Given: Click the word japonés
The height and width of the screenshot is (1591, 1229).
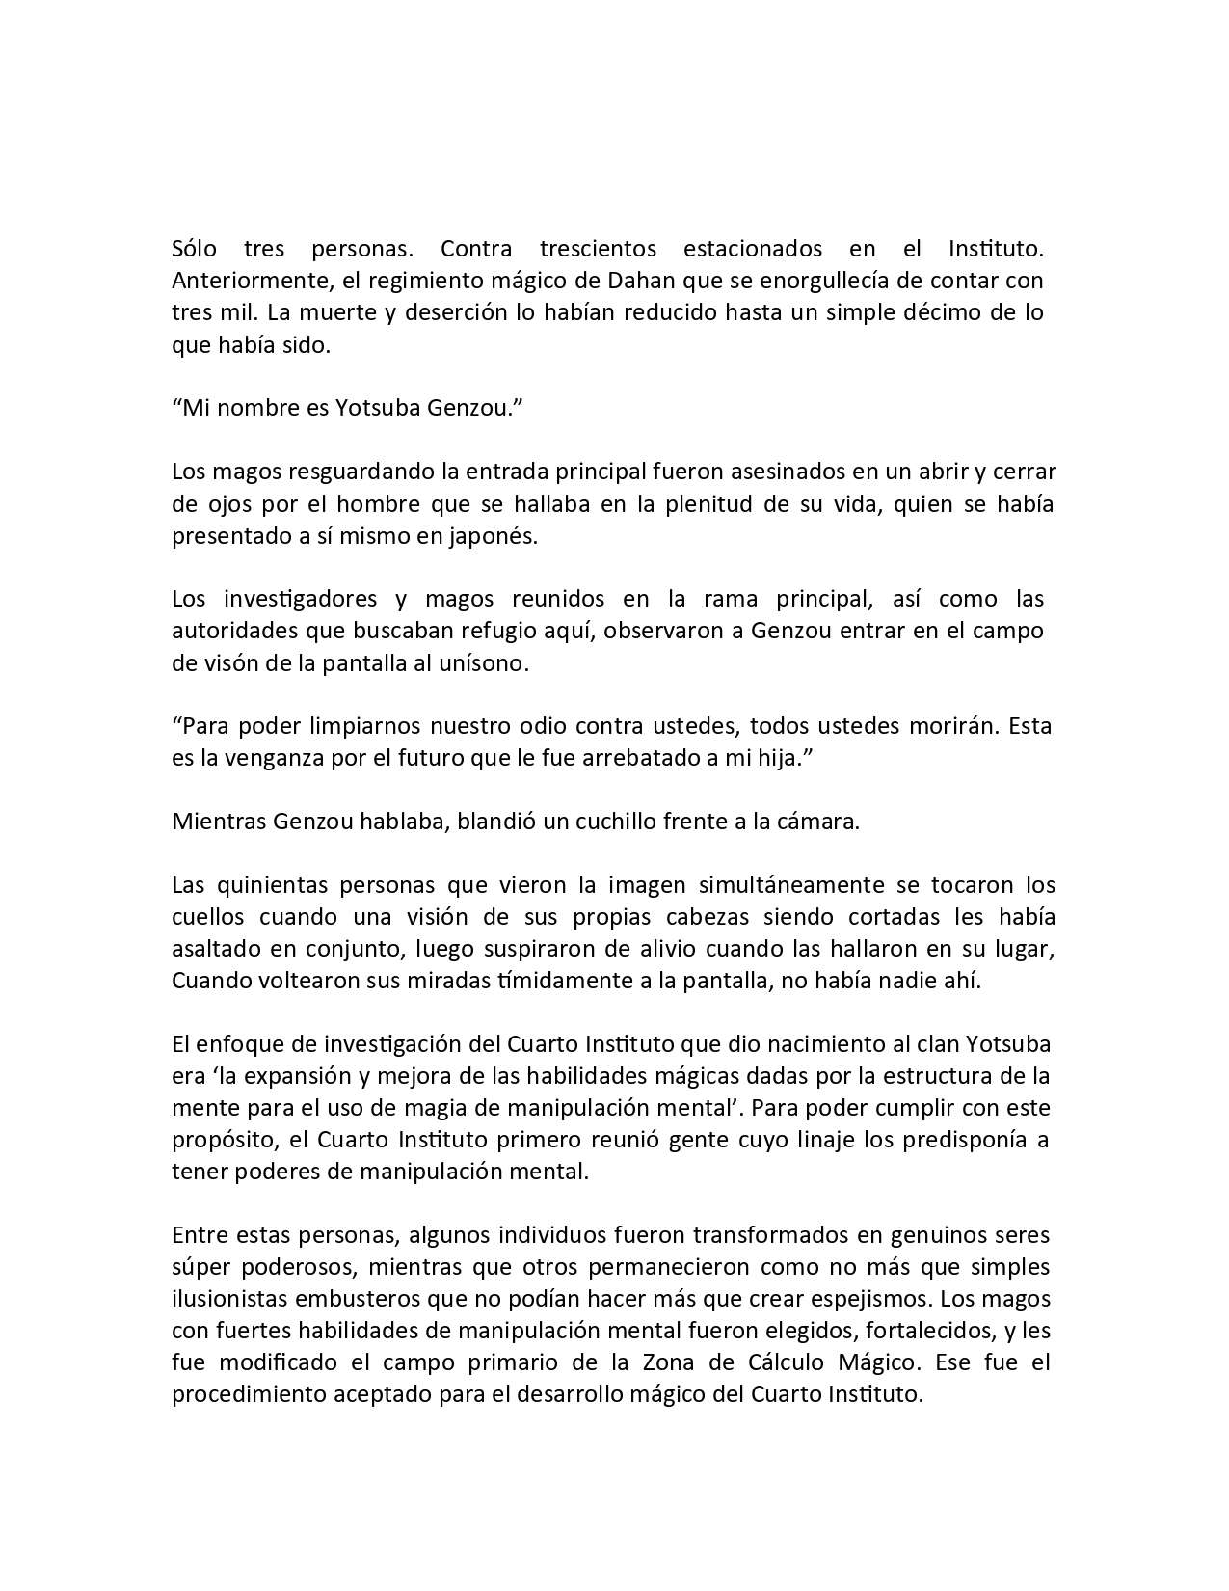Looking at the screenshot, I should coord(490,535).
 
